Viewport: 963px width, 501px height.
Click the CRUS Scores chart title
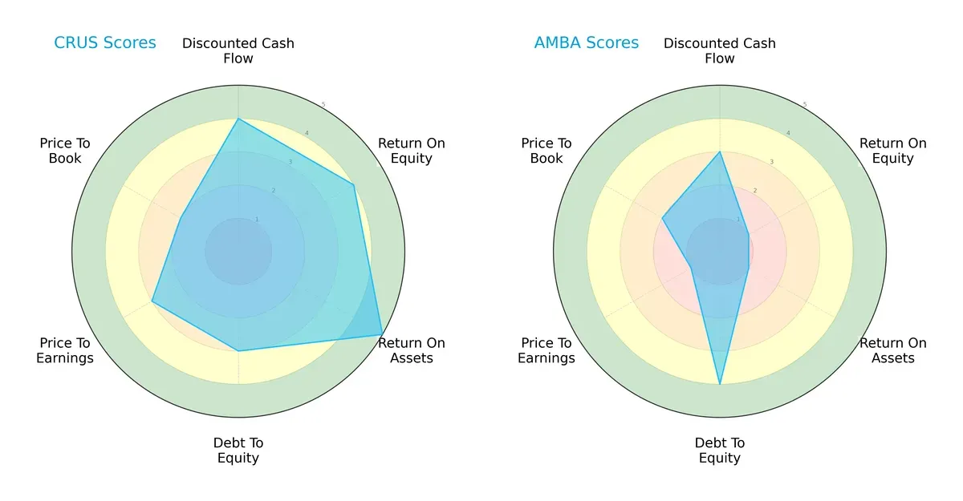(105, 42)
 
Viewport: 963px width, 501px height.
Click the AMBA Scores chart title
(586, 42)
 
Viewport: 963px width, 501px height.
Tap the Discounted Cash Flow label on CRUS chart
(238, 51)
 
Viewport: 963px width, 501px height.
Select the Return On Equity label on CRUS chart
(412, 151)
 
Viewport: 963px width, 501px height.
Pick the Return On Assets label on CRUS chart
(412, 350)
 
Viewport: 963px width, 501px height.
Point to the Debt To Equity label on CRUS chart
(238, 450)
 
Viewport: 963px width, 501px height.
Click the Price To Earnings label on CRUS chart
(65, 350)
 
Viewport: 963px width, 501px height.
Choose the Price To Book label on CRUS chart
(65, 151)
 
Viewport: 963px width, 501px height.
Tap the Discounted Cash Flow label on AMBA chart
(720, 51)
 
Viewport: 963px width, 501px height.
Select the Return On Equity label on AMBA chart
(893, 151)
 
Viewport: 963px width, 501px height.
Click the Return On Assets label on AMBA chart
(893, 350)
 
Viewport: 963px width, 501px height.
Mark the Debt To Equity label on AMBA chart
(720, 450)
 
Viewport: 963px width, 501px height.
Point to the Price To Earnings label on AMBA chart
(547, 350)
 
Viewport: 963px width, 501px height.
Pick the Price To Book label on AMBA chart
(547, 151)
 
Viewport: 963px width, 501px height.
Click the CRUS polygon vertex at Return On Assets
(382, 334)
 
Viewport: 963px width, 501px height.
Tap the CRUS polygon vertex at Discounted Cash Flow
(238, 119)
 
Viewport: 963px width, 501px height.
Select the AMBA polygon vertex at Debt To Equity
(720, 384)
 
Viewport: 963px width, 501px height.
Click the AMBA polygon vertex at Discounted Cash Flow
(720, 152)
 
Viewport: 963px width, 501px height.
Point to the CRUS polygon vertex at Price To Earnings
(152, 301)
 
